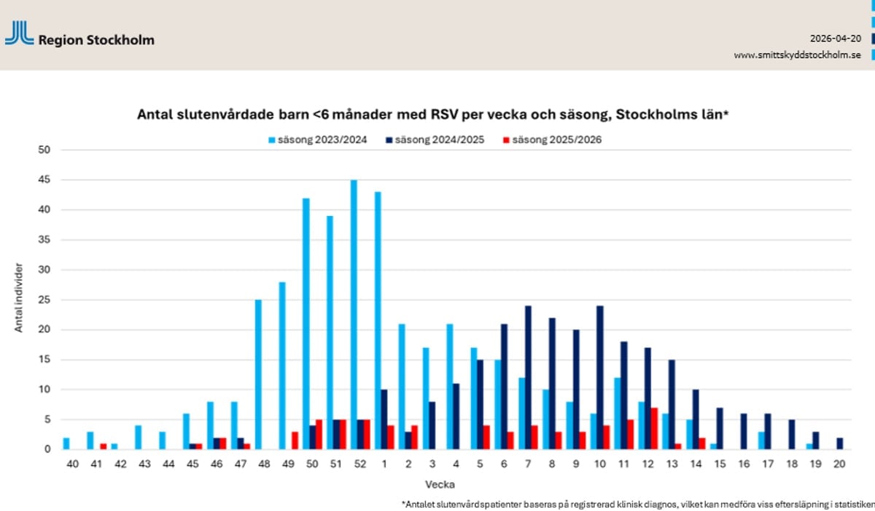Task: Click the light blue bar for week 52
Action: point(354,315)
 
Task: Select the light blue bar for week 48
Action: point(258,374)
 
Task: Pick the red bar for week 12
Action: point(654,429)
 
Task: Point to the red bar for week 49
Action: point(295,440)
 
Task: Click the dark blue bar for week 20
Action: point(840,443)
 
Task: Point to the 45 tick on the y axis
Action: point(45,180)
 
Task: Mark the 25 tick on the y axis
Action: point(45,300)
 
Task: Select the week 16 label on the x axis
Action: point(744,464)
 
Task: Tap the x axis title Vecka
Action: point(440,483)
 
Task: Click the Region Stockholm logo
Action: point(79,34)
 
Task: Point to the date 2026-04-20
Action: point(836,38)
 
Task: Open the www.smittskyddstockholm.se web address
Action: point(798,55)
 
